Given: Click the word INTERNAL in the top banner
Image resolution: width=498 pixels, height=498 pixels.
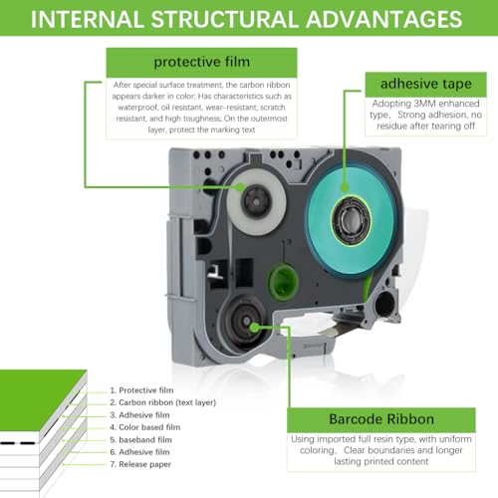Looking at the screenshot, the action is coord(88,19).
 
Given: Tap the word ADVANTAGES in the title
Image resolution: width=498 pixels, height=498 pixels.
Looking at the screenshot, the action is coord(383,19).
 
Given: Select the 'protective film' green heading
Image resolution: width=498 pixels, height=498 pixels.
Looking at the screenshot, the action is coord(201,63).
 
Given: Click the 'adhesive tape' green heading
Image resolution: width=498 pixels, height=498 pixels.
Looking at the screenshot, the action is coord(426,85).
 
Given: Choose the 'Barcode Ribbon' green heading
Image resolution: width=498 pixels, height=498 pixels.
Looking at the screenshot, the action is coord(381,419).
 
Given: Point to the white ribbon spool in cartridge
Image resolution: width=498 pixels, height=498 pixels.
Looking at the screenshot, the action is coord(256,202).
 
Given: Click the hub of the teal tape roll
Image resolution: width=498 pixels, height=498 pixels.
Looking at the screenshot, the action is coord(351,220).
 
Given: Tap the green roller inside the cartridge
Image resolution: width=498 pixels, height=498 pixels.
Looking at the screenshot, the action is coord(283,282).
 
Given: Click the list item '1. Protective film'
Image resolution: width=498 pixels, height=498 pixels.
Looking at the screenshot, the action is coord(141,390).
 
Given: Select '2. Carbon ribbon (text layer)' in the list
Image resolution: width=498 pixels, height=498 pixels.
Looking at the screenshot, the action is coord(163,402).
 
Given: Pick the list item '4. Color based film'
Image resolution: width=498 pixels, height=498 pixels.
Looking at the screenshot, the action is coord(145,427).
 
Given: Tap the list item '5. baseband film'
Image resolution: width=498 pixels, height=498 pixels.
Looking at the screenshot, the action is coord(141,440).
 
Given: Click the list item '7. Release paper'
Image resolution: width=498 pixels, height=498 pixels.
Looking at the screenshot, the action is coord(140,464).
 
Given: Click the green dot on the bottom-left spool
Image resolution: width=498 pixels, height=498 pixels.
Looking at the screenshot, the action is coord(255,328).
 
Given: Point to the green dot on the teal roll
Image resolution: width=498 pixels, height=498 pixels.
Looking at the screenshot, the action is coord(345,188).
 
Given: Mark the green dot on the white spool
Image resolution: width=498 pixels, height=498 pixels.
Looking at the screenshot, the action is coord(239,187).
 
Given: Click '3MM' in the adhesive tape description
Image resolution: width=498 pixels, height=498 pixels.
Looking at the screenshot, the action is coord(426,104).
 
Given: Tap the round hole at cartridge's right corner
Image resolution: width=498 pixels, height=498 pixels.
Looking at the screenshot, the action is coord(385,305).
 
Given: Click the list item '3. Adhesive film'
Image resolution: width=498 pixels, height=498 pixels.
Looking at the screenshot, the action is coord(139,415).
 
